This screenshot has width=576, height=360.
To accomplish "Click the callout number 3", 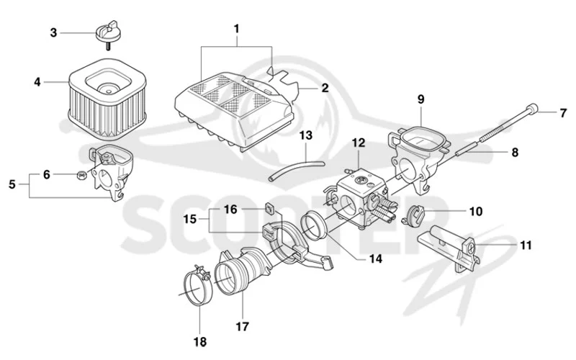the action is (53, 32).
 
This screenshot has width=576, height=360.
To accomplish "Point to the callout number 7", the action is (563, 113).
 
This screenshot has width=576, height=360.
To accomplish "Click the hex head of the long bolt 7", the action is (532, 110).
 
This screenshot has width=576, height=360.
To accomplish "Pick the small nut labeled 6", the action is (81, 175).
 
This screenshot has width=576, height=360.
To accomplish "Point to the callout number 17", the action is (242, 326).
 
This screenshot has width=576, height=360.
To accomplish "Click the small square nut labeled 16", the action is (270, 210).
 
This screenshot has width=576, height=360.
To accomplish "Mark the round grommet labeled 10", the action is (415, 215).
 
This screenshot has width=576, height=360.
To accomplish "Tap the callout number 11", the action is (526, 244).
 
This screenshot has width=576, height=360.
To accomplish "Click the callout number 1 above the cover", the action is (236, 28).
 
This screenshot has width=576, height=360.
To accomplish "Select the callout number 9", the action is (420, 99).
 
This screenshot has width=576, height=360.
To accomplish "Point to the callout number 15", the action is (190, 220).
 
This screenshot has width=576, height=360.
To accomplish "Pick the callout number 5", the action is (12, 184).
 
